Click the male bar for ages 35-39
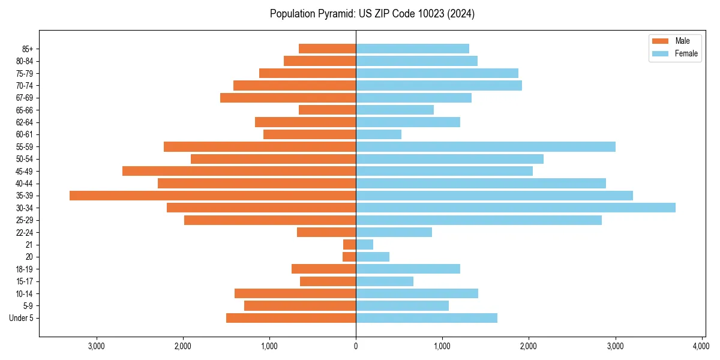(212, 196)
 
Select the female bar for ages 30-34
(515, 208)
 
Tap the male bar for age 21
(349, 245)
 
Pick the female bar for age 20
(373, 257)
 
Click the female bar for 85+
(412, 49)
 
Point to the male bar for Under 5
(291, 318)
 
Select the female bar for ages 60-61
(379, 134)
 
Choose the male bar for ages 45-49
(239, 171)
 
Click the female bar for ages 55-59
(485, 147)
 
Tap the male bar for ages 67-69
(288, 98)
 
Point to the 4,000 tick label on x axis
(701, 346)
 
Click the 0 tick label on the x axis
(356, 346)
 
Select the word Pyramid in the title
(337, 14)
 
